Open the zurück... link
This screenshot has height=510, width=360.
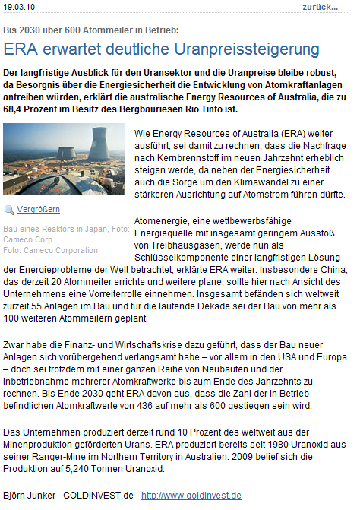[321, 7]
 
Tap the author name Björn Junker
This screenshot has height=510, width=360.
[30, 496]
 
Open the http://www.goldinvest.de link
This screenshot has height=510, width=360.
[191, 496]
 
